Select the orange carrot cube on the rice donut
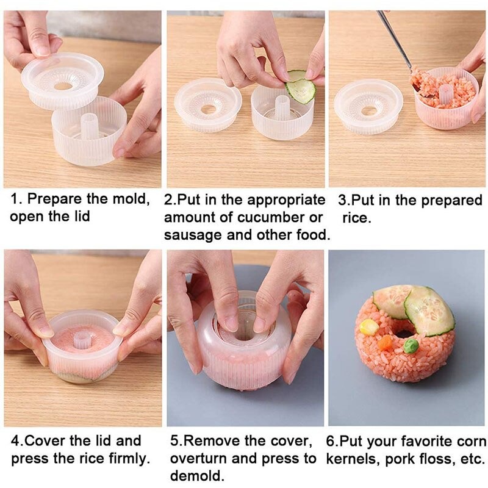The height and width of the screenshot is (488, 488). click(x=385, y=342)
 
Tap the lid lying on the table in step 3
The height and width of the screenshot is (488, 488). click(x=368, y=106)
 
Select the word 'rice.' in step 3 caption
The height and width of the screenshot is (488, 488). click(x=356, y=218)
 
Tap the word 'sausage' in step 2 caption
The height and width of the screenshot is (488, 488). click(x=194, y=235)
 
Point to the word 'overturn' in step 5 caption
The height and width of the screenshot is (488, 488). click(x=203, y=458)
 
